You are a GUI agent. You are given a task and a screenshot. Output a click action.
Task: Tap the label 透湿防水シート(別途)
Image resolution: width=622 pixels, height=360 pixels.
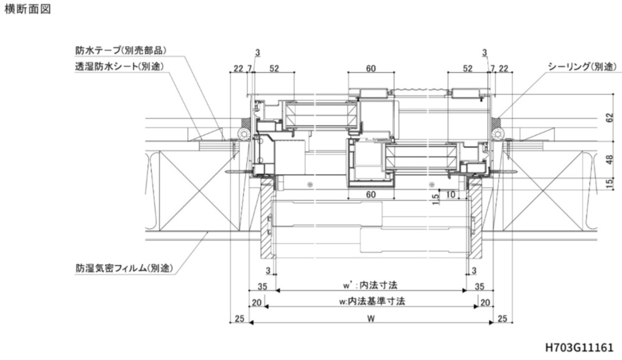tap(119, 65)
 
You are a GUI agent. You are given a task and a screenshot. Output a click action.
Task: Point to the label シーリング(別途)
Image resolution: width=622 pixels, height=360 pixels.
tap(582, 66)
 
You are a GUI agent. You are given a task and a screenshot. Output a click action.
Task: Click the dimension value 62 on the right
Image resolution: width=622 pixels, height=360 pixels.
tap(609, 117)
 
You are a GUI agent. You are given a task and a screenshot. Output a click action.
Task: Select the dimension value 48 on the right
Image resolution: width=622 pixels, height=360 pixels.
tap(609, 159)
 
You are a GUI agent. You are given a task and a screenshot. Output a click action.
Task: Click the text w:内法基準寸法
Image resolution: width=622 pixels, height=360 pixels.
tap(372, 302)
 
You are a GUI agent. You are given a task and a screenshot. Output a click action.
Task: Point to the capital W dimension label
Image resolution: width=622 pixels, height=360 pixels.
tap(371, 318)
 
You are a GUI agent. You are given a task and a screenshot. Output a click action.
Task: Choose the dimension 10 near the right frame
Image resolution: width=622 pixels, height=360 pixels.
tap(451, 195)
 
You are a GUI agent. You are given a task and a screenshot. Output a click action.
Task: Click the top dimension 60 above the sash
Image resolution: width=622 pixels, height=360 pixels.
tap(371, 68)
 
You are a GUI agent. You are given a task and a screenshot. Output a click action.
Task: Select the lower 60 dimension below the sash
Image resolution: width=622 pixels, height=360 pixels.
tap(371, 195)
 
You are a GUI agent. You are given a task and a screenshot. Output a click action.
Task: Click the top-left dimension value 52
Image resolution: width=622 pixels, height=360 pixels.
tap(274, 68)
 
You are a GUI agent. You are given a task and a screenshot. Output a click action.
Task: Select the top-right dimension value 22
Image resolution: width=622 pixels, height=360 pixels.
tap(503, 68)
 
